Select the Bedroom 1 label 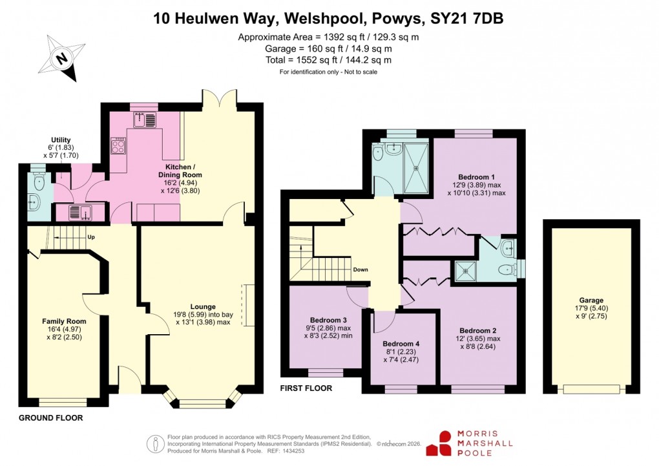pyautogui.click(x=476, y=176)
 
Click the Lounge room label pyautogui.click(x=203, y=306)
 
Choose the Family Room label pyautogui.click(x=64, y=321)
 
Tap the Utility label pyautogui.click(x=62, y=140)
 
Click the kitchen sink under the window pyautogui.click(x=144, y=120)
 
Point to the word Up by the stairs pyautogui.click(x=92, y=237)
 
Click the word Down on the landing pyautogui.click(x=361, y=270)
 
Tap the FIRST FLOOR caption pyautogui.click(x=306, y=388)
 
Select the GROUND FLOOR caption pyautogui.click(x=50, y=418)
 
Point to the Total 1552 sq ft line pyautogui.click(x=328, y=60)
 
